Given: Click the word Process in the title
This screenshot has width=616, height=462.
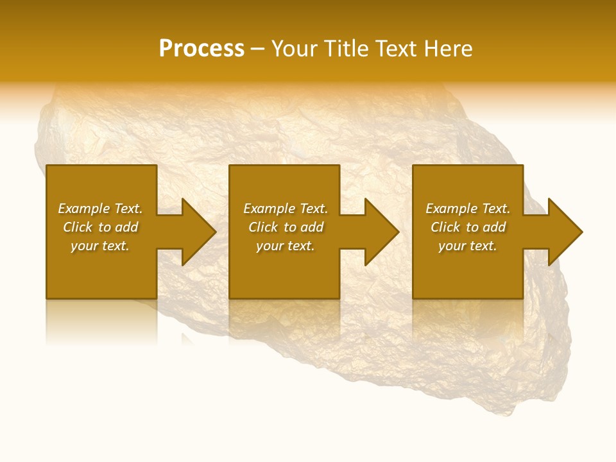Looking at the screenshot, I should [201, 49].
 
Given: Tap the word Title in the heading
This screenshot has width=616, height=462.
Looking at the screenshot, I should [345, 49].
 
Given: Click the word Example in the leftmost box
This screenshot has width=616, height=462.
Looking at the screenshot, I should [83, 209].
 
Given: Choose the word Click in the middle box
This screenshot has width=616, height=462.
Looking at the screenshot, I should [263, 227].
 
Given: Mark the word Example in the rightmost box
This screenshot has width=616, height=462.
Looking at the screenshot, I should [451, 209].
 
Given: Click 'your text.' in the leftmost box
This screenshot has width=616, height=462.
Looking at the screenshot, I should [100, 246].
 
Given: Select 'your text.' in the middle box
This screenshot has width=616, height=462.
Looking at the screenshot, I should [285, 246].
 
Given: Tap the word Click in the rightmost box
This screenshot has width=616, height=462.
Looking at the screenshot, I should [445, 227].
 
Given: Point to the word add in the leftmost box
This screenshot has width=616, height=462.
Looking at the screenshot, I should [126, 227].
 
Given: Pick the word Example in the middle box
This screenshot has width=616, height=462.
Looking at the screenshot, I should [269, 209].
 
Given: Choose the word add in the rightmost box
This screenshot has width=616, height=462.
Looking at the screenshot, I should [494, 227].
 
